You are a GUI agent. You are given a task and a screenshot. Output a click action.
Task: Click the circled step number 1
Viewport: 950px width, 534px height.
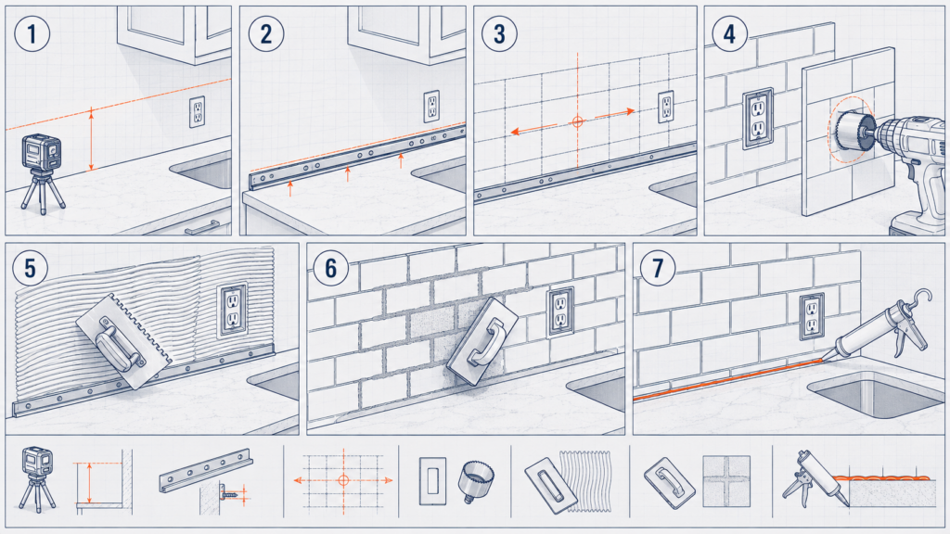pos(32,33)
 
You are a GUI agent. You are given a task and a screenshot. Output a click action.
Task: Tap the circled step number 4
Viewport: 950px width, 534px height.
pos(729,34)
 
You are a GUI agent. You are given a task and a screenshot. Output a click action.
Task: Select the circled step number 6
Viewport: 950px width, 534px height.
pos(331,268)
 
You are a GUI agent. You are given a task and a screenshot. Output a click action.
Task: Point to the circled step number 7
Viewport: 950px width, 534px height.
pos(658,268)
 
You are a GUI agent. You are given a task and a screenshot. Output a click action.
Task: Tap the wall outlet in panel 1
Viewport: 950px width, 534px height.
pos(197,111)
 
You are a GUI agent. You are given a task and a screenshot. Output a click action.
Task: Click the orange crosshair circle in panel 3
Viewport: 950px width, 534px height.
pos(577,121)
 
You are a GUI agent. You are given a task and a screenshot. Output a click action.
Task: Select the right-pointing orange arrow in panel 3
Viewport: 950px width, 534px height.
pos(614,113)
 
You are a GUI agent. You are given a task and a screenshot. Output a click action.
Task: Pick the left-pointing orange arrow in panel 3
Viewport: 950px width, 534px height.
pos(533,129)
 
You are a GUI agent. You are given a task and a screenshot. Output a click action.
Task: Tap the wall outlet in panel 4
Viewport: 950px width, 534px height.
pos(758,118)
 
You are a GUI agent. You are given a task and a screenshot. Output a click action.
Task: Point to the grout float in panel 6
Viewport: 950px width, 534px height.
pos(482,340)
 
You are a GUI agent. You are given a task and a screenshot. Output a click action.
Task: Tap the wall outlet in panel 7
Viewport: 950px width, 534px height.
pos(811,316)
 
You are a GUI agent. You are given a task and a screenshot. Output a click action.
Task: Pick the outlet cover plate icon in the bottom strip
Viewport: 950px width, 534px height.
pos(432,481)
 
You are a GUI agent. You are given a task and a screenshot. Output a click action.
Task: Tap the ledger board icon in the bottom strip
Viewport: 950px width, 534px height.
pos(206,470)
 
